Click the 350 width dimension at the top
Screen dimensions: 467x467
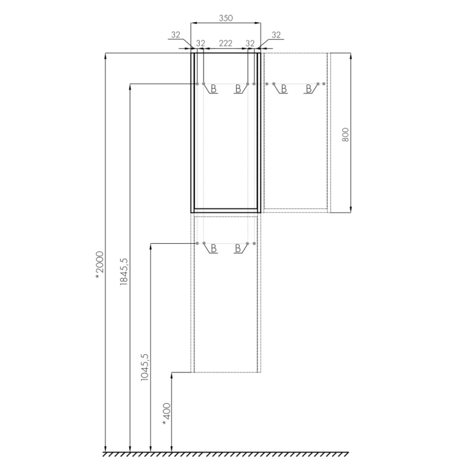tap(226, 18)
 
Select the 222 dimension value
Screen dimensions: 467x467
tap(226, 43)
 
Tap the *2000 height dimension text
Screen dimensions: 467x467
tap(99, 265)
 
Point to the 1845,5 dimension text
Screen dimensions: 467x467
tap(124, 271)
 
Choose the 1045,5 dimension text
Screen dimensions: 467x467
tap(145, 367)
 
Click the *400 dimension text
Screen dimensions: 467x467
tap(167, 414)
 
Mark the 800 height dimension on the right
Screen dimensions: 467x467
tap(345, 135)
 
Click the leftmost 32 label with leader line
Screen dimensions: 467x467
tap(176, 35)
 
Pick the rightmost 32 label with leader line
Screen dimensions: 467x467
tap(276, 35)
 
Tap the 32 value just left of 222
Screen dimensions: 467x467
tap(200, 43)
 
